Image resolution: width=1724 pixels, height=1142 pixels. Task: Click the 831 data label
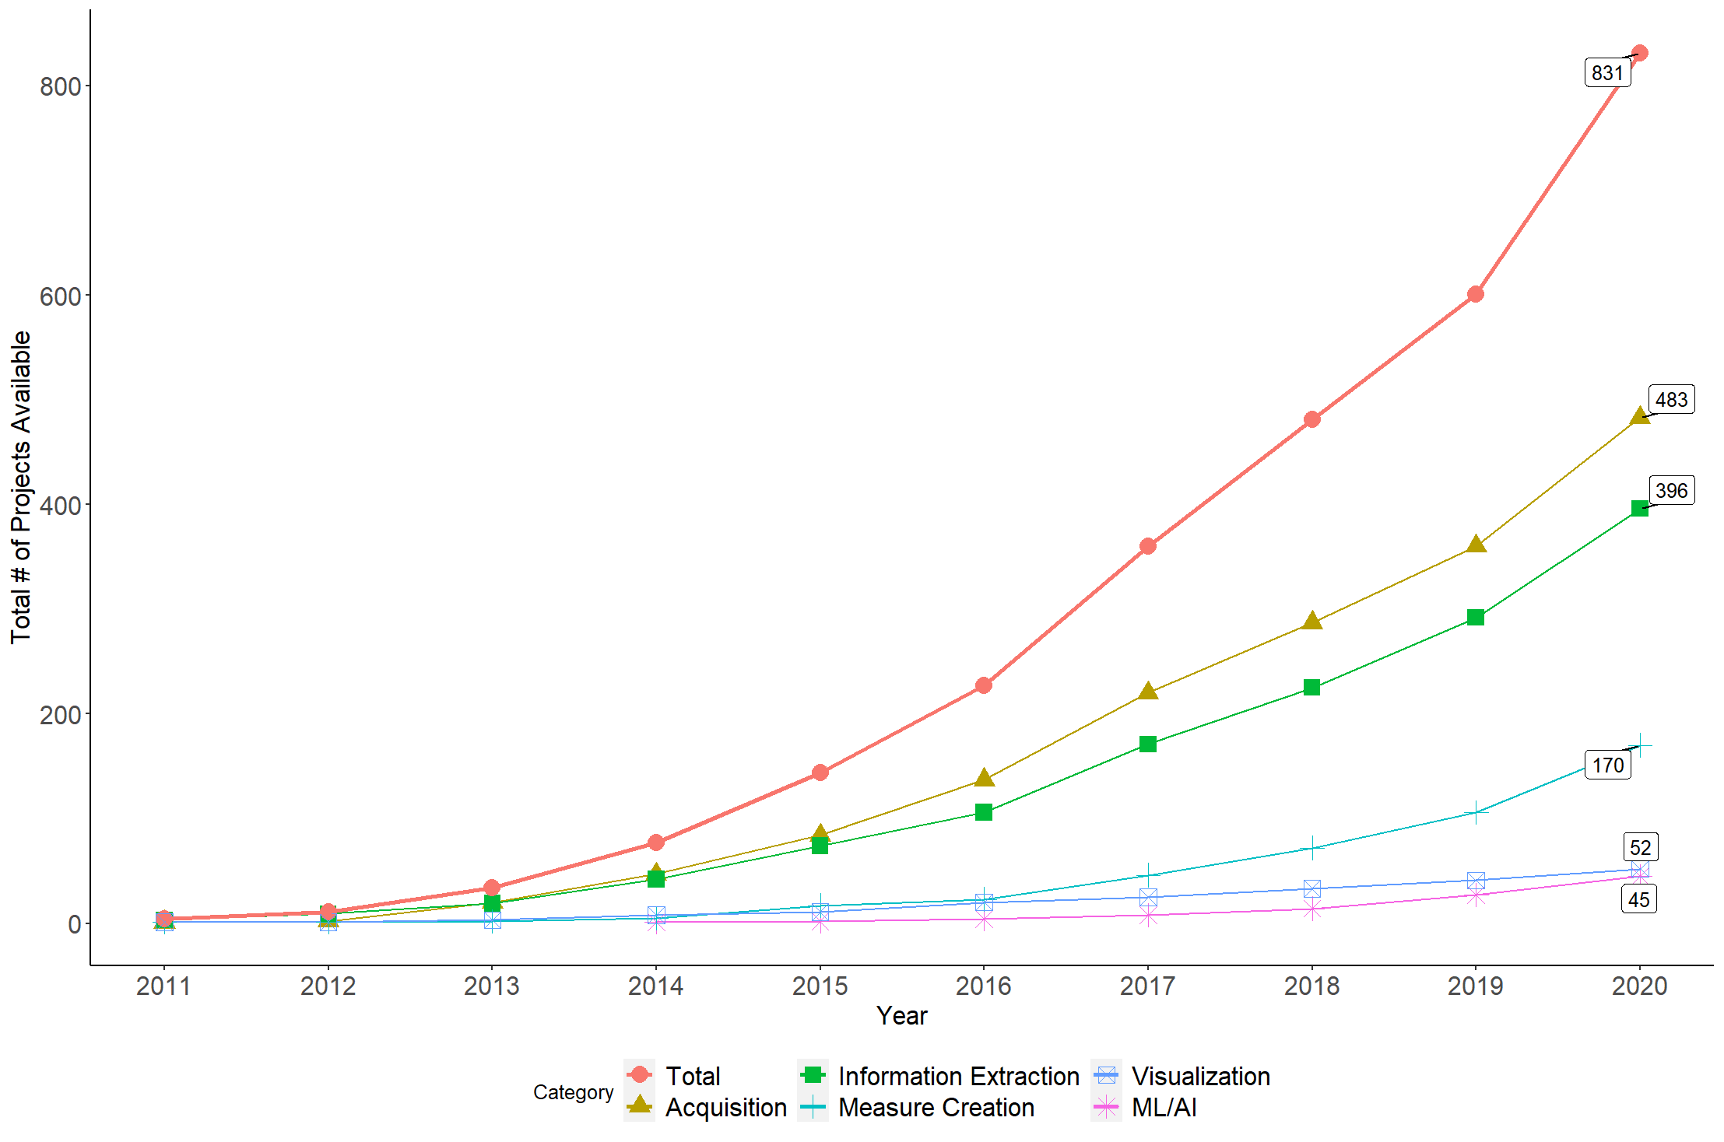1607,72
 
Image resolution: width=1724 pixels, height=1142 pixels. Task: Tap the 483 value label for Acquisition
1671,399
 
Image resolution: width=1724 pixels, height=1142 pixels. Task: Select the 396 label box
1671,490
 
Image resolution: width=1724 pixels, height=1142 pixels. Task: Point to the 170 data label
1607,765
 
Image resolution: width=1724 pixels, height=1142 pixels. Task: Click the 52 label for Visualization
1641,847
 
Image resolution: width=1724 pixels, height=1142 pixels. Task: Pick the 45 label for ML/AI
1639,899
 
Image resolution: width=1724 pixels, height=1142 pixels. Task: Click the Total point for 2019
1475,294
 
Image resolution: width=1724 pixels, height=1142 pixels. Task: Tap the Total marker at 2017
1147,546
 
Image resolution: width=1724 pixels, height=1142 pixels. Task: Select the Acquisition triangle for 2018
1311,621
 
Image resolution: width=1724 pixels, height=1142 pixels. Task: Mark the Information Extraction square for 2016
984,812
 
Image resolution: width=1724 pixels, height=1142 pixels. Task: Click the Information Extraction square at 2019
1475,617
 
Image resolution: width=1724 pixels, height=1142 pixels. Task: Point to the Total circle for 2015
820,772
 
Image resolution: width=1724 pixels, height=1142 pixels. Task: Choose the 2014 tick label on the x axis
655,986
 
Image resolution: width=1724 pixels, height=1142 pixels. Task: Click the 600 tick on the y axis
61,296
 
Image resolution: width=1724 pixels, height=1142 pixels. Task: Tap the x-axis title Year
901,1015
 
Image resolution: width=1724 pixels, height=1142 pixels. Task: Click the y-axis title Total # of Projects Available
21,487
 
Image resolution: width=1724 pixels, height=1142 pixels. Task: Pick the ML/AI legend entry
1144,1107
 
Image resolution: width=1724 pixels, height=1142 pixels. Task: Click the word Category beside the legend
573,1092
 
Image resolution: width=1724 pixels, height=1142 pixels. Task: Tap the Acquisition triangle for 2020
1639,416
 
